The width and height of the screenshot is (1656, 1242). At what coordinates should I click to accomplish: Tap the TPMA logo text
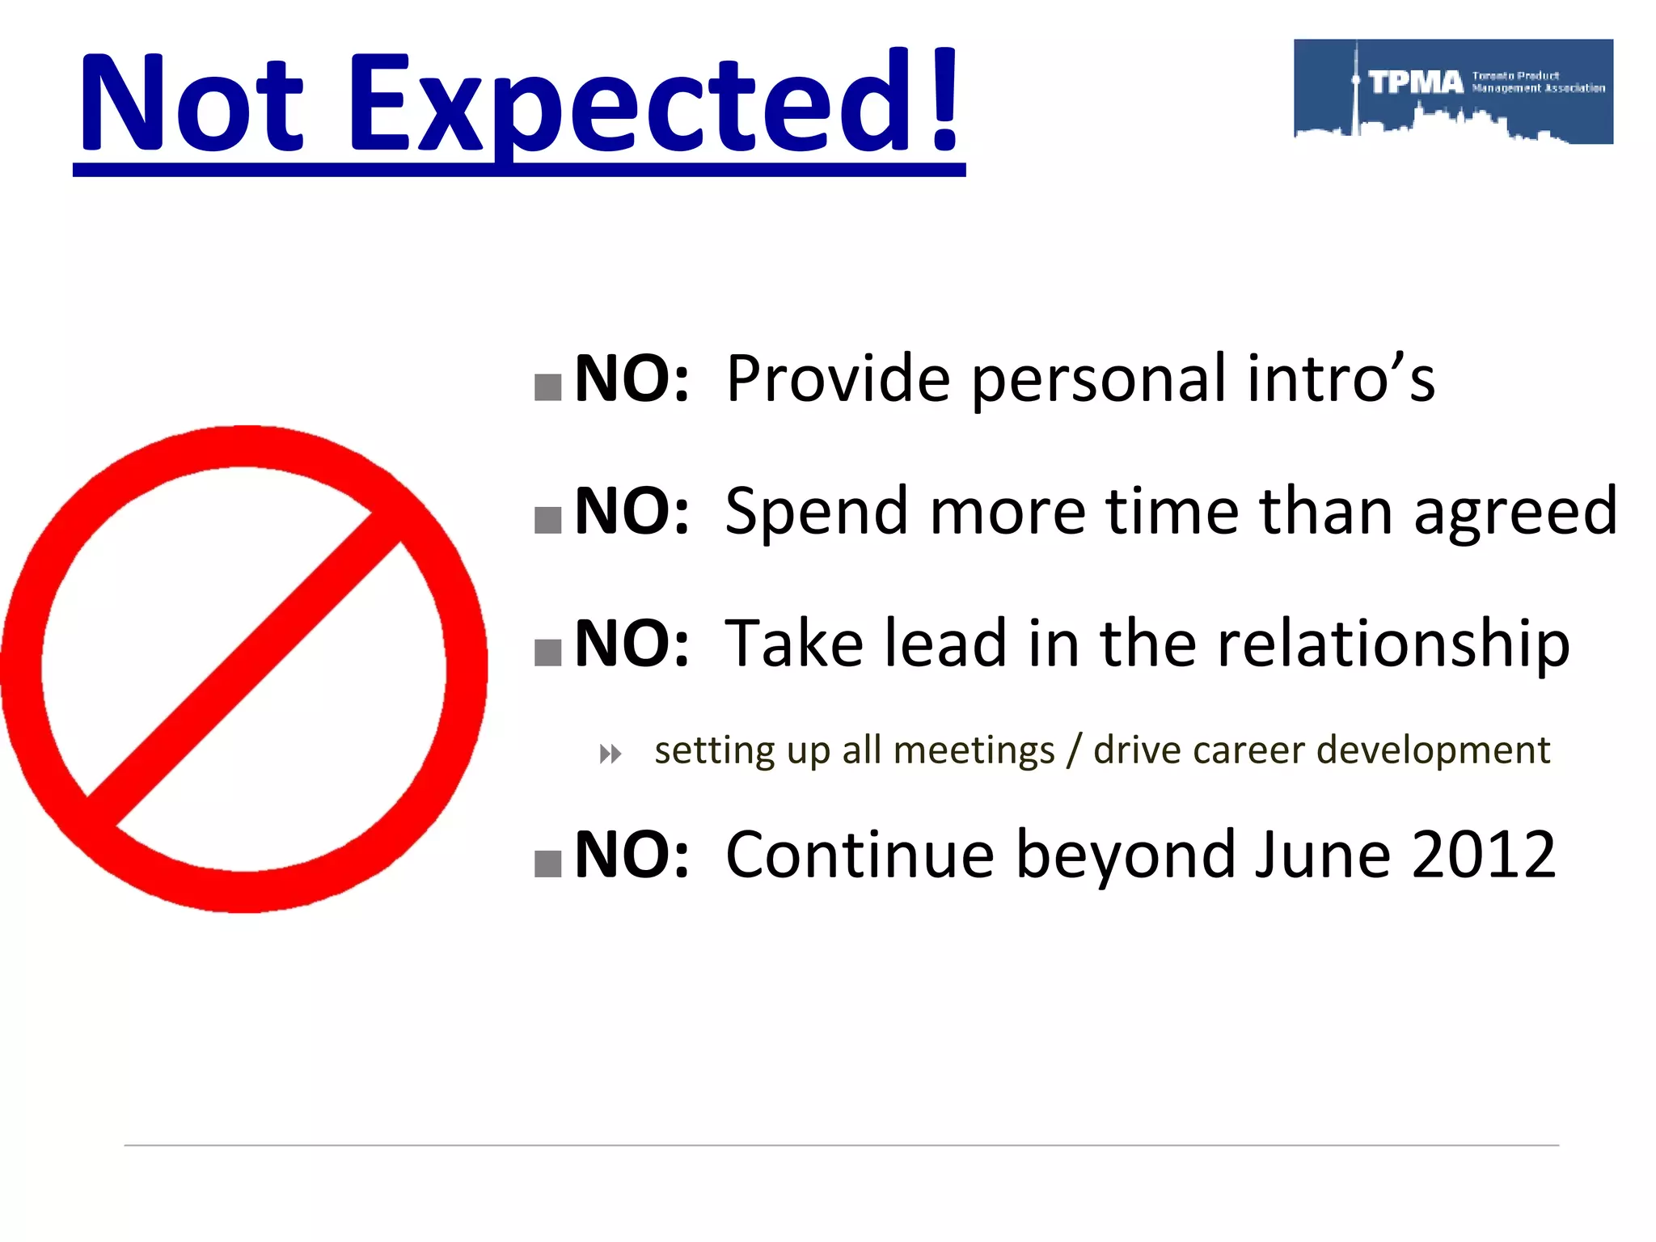(x=1416, y=82)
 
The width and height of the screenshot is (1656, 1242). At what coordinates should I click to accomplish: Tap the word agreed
(x=1515, y=512)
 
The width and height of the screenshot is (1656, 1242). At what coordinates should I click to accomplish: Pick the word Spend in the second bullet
(x=817, y=512)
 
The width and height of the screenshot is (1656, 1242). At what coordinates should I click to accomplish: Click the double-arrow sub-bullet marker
(x=610, y=754)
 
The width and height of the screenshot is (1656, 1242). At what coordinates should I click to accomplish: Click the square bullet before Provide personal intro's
(x=548, y=387)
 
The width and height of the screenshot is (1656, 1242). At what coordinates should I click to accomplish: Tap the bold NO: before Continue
(x=632, y=855)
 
